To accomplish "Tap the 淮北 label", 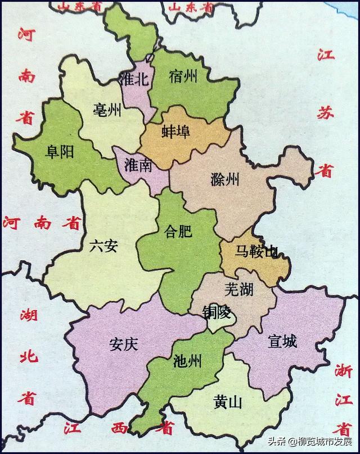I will tap(134, 79).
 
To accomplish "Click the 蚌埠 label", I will tap(176, 132).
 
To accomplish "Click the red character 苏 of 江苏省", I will tap(326, 112).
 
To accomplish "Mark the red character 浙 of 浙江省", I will tap(342, 371).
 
